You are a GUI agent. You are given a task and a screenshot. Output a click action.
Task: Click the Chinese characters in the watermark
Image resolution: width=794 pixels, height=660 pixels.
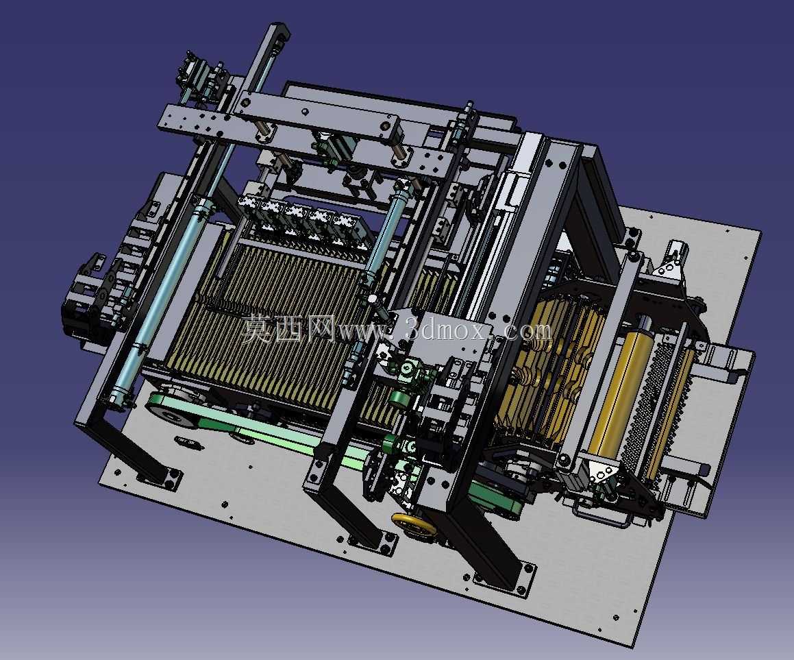[x=288, y=328]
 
